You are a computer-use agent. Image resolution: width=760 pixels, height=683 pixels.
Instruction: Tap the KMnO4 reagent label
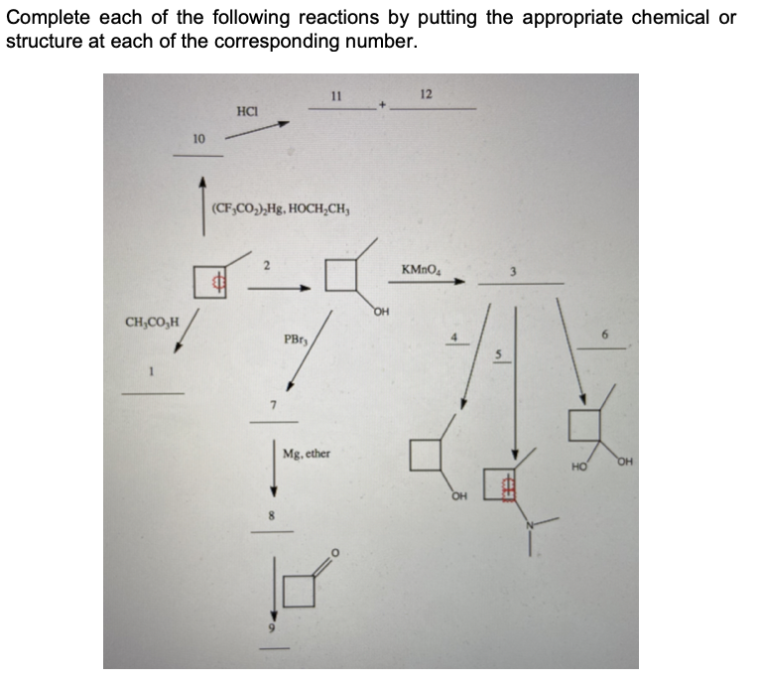421,270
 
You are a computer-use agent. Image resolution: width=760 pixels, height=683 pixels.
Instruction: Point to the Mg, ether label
307,454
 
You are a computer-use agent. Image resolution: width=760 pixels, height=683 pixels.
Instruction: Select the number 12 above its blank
427,94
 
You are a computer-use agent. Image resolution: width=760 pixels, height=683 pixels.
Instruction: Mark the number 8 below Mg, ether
269,516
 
